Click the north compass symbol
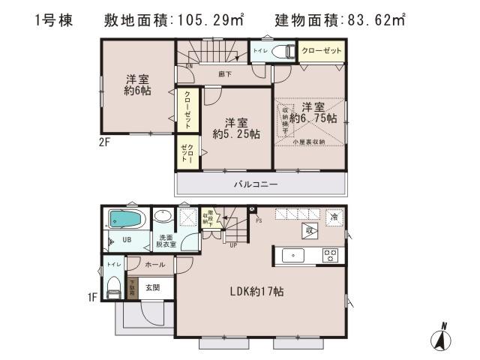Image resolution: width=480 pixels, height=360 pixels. (x=442, y=337)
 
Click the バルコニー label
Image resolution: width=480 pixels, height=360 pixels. (x=256, y=184)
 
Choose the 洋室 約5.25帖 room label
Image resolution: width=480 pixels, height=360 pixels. (x=236, y=127)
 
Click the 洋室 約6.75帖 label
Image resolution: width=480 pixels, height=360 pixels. (x=313, y=112)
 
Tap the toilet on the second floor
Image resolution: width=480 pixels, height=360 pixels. (x=283, y=51)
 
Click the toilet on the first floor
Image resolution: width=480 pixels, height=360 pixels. (x=112, y=284)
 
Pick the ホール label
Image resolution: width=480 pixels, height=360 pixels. (x=154, y=264)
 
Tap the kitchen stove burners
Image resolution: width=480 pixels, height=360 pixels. (x=329, y=255)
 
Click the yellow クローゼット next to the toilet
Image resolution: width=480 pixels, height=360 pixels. (x=321, y=51)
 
